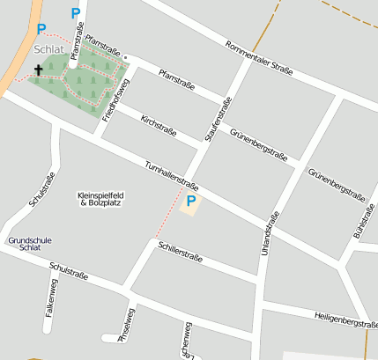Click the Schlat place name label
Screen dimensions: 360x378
pos(50,49)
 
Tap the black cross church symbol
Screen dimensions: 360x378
pos(39,69)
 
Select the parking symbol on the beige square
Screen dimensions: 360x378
pos(190,202)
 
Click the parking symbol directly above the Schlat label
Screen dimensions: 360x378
pos(41,29)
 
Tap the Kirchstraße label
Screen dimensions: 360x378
pos(159,125)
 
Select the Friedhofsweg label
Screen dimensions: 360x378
pos(115,99)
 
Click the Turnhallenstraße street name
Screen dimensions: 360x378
pos(172,174)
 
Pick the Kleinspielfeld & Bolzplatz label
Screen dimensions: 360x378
pos(101,198)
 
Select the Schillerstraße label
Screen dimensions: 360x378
pos(181,253)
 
